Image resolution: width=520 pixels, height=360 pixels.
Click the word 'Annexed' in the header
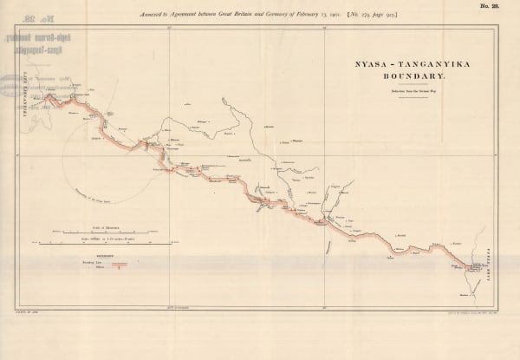[139, 15]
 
